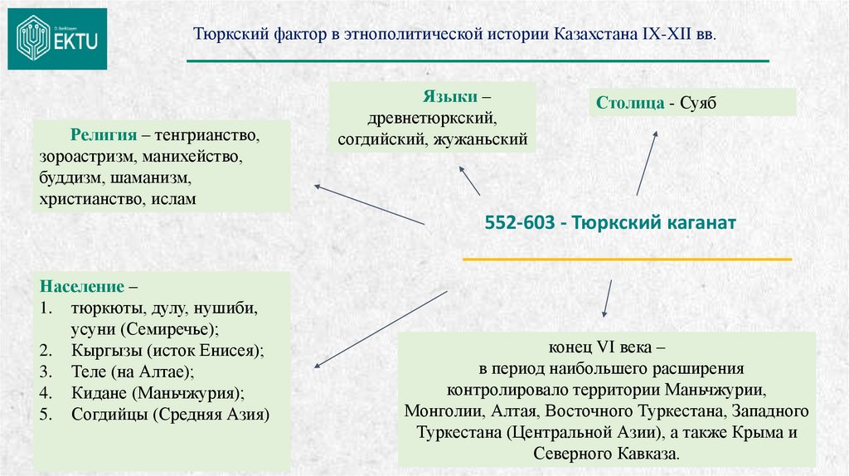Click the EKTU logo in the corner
click(57, 38)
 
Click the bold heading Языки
click(449, 96)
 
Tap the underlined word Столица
click(629, 104)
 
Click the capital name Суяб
click(696, 104)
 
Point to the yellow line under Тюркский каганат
click(626, 260)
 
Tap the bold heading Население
click(79, 287)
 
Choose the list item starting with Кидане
click(158, 392)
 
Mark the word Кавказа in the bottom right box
click(648, 454)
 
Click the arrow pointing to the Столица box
click(647, 163)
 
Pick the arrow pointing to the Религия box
click(370, 204)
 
